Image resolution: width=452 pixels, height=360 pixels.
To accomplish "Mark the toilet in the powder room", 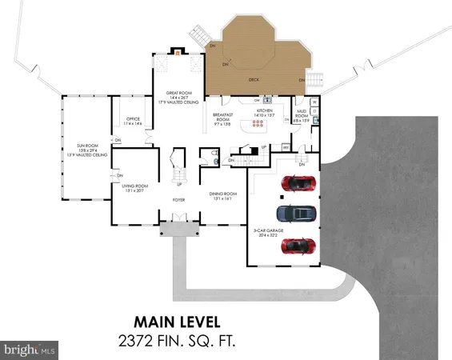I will point(218,161).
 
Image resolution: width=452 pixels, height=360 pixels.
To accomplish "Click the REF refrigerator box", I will point(286,146).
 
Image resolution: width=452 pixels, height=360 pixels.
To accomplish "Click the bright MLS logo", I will point(30,349).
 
